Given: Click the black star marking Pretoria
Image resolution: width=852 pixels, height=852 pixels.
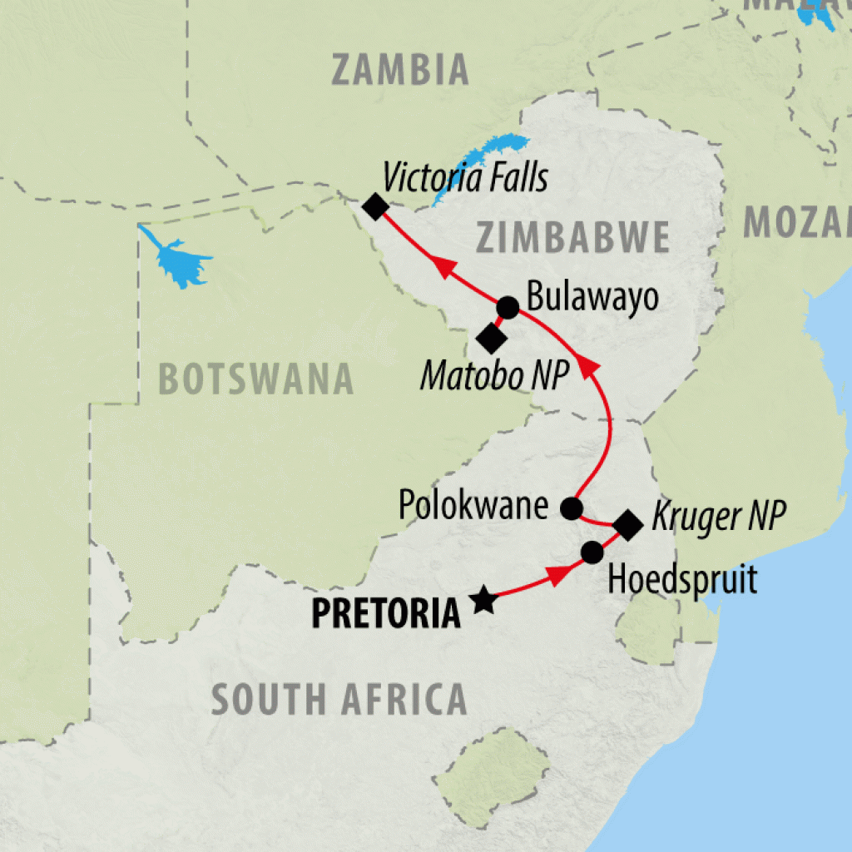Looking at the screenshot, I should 483,600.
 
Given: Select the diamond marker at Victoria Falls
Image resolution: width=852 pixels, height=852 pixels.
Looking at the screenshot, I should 374,206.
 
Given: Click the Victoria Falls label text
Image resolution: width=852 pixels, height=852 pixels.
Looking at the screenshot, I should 464,177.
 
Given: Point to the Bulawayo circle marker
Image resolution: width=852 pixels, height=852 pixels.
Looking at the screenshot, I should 508,308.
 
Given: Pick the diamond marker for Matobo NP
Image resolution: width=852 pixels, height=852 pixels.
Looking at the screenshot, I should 490,338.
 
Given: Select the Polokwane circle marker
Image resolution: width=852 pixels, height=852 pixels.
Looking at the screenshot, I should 571,508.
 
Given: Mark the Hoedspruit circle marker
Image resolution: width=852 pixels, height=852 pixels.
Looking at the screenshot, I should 592,552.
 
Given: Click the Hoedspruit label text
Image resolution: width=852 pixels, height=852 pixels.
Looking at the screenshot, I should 682,579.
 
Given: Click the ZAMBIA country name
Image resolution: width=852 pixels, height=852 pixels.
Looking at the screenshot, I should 400,70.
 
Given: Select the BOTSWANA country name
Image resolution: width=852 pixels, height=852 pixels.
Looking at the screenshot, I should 255,380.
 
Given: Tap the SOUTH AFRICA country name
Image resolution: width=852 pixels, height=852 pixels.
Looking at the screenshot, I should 339,699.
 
